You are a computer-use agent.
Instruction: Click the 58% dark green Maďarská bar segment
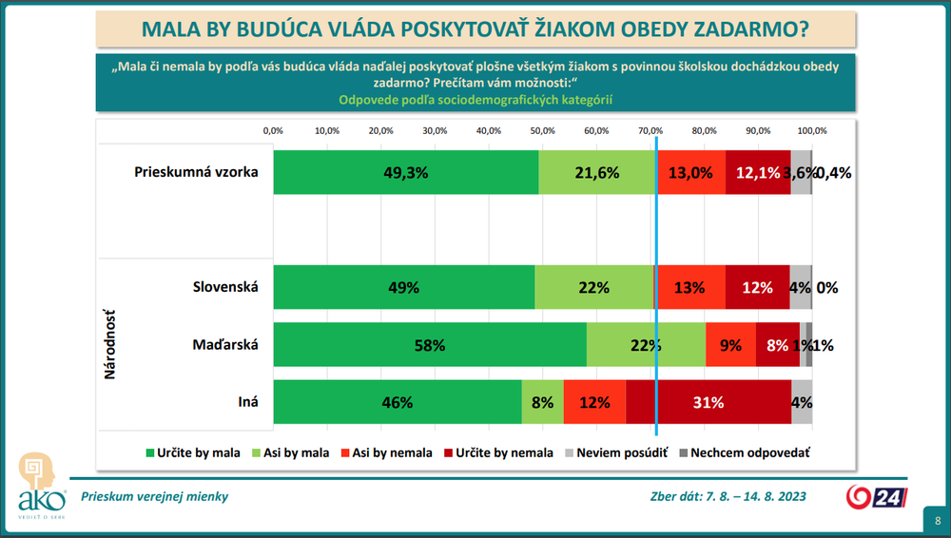[430, 345]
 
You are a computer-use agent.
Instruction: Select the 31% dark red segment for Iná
[708, 402]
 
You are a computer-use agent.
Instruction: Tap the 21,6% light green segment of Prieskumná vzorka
[597, 173]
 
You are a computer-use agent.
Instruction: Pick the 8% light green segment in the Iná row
[543, 402]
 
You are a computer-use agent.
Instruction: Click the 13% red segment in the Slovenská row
[689, 287]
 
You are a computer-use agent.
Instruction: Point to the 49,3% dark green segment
[406, 173]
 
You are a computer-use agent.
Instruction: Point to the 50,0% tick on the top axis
[543, 130]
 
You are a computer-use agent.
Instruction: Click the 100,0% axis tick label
[812, 130]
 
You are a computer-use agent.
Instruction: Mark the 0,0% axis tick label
[274, 130]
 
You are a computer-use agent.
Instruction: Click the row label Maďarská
[224, 345]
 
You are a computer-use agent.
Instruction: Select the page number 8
[938, 521]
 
